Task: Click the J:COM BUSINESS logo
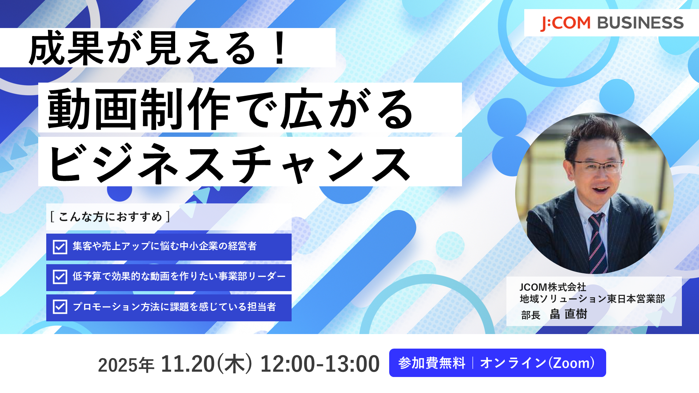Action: [x=612, y=23]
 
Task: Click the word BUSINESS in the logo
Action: [x=641, y=23]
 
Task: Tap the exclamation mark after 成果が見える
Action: [x=280, y=48]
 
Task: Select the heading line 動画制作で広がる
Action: [x=230, y=109]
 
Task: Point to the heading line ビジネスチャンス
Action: [x=229, y=163]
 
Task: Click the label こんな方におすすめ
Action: [x=110, y=217]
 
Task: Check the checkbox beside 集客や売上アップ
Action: [x=60, y=247]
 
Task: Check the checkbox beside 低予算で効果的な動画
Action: [x=60, y=277]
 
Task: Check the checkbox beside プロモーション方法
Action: [x=60, y=307]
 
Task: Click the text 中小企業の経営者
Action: [x=218, y=246]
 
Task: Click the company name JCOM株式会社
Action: [x=553, y=287]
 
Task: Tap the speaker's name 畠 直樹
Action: [x=568, y=314]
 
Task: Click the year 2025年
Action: [x=126, y=365]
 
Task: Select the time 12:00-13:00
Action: [x=320, y=364]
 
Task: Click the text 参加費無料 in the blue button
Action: [x=432, y=363]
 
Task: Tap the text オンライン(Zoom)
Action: [x=537, y=363]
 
